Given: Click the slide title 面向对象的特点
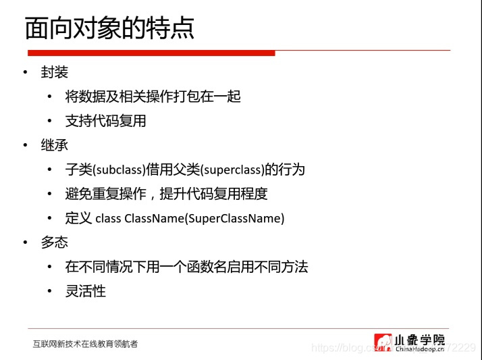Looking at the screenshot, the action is pos(109,28).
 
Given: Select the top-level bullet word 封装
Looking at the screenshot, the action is pos(55,72).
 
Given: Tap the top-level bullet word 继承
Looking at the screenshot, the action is pos(55,145).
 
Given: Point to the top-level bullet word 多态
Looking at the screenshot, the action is pos(55,242).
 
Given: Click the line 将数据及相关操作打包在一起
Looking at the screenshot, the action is pos(153,97).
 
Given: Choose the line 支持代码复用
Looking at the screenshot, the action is pos(105,121).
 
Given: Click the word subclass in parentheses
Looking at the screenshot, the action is pos(119,170).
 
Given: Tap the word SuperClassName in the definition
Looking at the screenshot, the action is pos(234,218).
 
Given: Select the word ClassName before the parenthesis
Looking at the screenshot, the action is pos(154,218).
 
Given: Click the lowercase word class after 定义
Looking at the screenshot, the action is pos(108,218).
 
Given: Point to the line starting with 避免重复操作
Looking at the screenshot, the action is pos(166,194).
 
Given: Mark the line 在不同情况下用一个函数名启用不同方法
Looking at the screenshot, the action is pos(186,267).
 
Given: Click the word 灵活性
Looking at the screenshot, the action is pos(86,291).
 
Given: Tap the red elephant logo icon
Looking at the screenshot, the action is pos(383,342).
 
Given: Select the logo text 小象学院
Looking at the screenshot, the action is pos(420,340).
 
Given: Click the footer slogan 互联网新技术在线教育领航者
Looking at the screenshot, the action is pos(85,344).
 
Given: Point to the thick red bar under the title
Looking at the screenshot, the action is pos(151,53).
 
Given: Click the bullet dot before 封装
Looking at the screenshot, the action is pos(25,72).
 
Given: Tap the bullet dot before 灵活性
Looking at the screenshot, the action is pos(49,291).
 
